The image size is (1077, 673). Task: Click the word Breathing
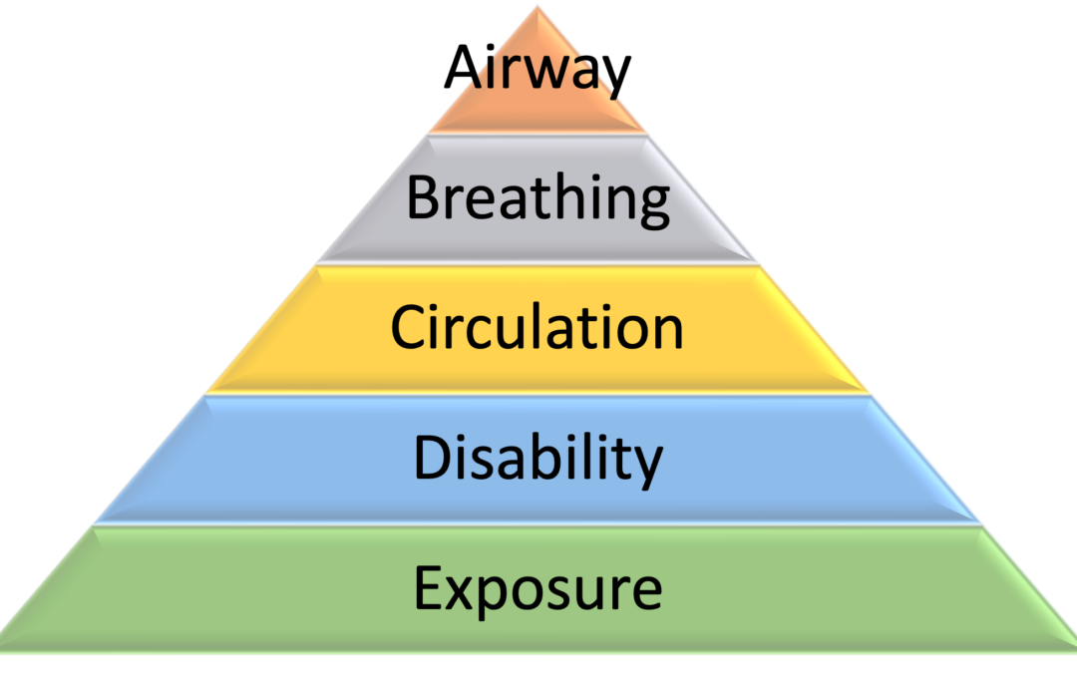coord(538,197)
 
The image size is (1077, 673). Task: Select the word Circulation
coord(538,327)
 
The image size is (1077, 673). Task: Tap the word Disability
coord(538,458)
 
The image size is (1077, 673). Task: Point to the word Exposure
coord(538,588)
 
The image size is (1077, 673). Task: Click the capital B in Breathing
coord(421,197)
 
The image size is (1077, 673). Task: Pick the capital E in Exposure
coord(426,588)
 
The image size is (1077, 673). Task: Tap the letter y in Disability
coord(648,467)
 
